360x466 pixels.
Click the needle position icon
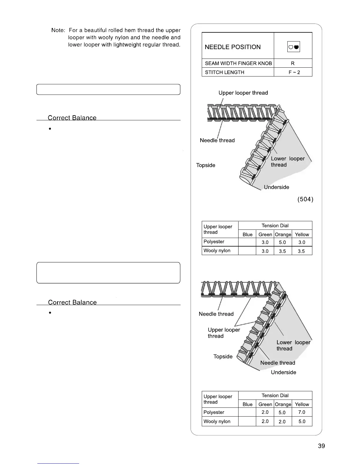(293, 47)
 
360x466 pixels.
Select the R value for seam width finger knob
(293, 63)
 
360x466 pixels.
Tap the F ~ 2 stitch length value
(294, 72)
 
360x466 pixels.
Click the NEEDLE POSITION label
(233, 47)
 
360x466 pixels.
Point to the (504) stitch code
(305, 199)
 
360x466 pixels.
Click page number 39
(321, 446)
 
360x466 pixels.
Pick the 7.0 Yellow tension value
(301, 412)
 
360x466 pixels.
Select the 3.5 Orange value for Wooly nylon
(282, 251)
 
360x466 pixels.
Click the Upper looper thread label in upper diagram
(243, 93)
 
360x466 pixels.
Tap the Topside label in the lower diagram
(223, 357)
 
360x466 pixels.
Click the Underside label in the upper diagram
(276, 187)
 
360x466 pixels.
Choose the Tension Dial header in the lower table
(275, 395)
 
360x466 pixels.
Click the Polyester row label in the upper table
(214, 242)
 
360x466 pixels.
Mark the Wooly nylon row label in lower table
(217, 421)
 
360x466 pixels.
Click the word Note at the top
(58, 30)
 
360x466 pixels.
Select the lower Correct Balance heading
(72, 302)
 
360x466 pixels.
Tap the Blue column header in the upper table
(247, 234)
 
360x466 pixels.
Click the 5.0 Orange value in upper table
(282, 242)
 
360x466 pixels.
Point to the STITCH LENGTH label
(224, 72)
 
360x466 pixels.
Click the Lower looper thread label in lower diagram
(293, 345)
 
